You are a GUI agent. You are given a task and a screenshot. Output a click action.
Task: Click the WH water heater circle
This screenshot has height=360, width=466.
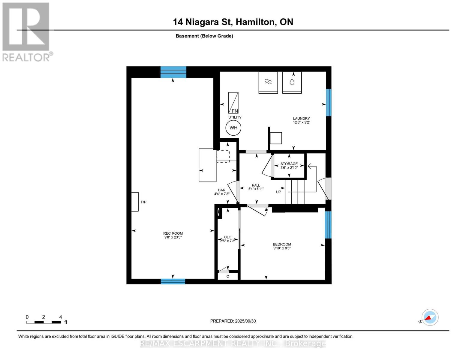pyautogui.click(x=233, y=128)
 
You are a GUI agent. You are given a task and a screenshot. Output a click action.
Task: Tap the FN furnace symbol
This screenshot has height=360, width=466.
pyautogui.click(x=233, y=103)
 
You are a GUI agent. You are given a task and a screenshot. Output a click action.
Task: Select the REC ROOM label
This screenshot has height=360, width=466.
pyautogui.click(x=173, y=233)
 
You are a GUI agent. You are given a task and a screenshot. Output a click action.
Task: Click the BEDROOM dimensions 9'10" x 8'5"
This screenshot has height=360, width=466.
pyautogui.click(x=282, y=248)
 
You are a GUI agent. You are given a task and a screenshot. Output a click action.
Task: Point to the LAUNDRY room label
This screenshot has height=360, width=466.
pyautogui.click(x=301, y=118)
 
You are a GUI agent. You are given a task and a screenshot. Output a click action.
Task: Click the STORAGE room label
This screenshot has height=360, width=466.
pyautogui.click(x=289, y=164)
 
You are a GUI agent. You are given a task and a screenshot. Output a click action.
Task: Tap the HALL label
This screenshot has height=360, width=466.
pyautogui.click(x=256, y=185)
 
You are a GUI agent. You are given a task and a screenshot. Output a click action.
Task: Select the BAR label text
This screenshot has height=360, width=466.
pyautogui.click(x=222, y=190)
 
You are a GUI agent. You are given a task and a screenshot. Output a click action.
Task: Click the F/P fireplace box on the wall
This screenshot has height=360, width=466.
pyautogui.click(x=135, y=202)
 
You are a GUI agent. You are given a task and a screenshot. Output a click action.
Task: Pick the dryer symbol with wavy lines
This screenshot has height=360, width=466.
pyautogui.click(x=268, y=82)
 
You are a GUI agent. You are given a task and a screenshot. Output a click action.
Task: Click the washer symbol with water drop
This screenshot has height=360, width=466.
pyautogui.click(x=292, y=82)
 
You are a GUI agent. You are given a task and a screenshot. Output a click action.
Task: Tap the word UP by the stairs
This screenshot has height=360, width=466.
pyautogui.click(x=278, y=192)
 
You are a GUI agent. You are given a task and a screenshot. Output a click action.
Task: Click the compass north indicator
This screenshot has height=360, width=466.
pyautogui.click(x=430, y=317)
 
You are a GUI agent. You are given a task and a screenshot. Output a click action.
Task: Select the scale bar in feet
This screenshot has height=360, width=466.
pyautogui.click(x=44, y=322)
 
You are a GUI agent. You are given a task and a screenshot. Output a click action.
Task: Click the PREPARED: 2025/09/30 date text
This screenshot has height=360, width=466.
pyautogui.click(x=233, y=321)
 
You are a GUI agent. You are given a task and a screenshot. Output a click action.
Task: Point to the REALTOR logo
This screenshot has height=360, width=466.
pyautogui.click(x=26, y=31)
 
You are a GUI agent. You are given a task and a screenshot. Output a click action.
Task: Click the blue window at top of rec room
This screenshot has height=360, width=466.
pyautogui.click(x=173, y=72)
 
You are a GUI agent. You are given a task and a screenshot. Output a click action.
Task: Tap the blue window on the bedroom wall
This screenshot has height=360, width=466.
pyautogui.click(x=328, y=225)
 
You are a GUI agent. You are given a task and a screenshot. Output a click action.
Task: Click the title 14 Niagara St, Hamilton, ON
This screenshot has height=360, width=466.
pyautogui.click(x=233, y=22)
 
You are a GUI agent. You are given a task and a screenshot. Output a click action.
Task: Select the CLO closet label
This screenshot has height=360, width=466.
pyautogui.click(x=227, y=237)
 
